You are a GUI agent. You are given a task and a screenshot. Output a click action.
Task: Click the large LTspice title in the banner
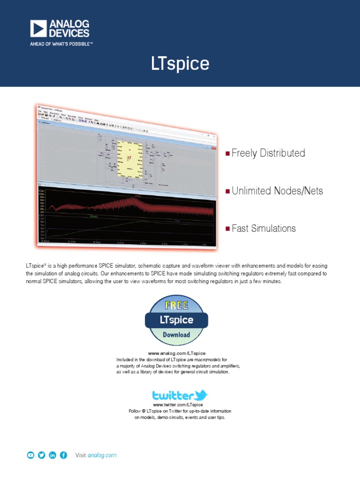pyautogui.click(x=180, y=64)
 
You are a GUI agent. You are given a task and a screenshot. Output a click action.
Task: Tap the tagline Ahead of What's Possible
pyautogui.click(x=62, y=44)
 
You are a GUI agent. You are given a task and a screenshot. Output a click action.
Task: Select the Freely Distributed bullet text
pyautogui.click(x=268, y=153)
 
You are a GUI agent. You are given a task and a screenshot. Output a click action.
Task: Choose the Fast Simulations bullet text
pyautogui.click(x=263, y=228)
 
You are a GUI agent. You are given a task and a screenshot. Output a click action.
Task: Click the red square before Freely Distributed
pyautogui.click(x=228, y=153)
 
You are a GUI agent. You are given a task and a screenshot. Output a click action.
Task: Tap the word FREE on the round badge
pyautogui.click(x=176, y=305)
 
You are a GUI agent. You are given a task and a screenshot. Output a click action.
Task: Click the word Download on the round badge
pyautogui.click(x=176, y=335)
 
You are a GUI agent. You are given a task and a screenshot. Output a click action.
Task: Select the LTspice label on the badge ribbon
pyautogui.click(x=176, y=320)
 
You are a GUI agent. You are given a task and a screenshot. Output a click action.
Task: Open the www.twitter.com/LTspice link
pyautogui.click(x=178, y=405)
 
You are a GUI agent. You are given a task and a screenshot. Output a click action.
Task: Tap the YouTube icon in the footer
pyautogui.click(x=30, y=455)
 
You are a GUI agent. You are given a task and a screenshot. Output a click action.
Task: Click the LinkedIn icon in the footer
pyautogui.click(x=52, y=455)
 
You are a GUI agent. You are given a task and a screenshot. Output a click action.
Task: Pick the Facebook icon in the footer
pyautogui.click(x=63, y=455)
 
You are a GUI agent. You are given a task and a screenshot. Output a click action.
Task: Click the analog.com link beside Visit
pyautogui.click(x=102, y=455)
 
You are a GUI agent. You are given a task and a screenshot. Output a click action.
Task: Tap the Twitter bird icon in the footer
pyautogui.click(x=41, y=455)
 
